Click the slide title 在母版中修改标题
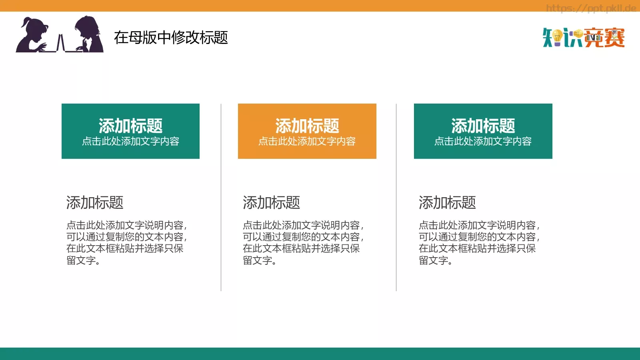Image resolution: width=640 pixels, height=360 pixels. [171, 38]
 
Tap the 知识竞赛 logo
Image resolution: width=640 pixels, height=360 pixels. [584, 38]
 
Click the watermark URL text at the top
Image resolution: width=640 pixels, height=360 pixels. [591, 8]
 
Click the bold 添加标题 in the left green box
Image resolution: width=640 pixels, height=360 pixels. [130, 126]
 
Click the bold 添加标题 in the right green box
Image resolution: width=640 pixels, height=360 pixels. [483, 126]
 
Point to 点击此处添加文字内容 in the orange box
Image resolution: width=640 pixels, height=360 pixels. [307, 141]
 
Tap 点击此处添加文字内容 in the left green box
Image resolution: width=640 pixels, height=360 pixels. [130, 141]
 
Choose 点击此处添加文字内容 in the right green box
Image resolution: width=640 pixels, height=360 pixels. [483, 141]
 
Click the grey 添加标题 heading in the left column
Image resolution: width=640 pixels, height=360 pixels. [95, 203]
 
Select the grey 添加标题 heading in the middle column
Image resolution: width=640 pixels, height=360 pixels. [271, 203]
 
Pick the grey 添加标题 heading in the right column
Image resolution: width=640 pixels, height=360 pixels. [447, 203]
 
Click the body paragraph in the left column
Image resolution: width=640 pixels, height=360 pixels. [126, 242]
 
